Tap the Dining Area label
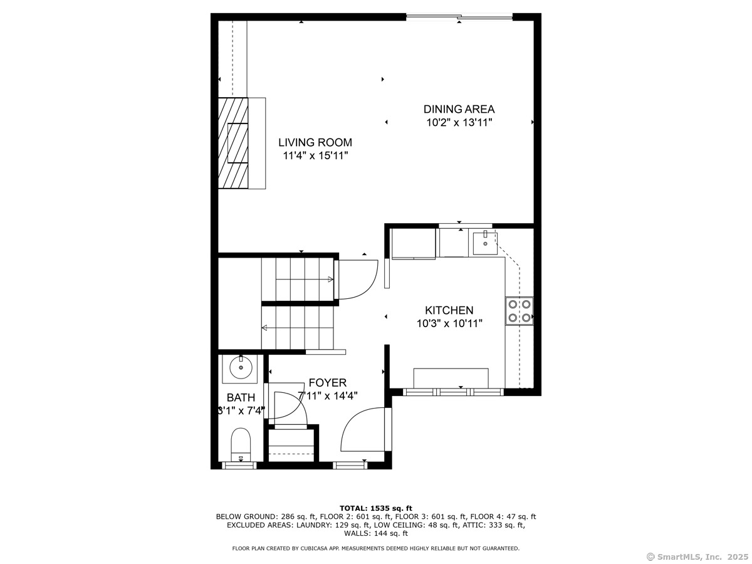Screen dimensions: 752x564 459,109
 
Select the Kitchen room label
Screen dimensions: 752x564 449,310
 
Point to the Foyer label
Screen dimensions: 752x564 328,382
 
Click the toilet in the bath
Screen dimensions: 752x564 241,444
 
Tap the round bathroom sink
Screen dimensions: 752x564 241,367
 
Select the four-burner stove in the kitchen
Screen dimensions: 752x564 519,311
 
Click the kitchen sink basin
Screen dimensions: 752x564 485,243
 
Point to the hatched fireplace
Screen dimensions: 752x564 233,143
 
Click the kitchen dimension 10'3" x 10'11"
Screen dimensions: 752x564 449,323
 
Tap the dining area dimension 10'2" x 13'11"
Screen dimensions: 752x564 459,122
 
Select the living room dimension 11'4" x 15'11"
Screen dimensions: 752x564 315,156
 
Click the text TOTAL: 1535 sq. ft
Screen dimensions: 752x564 376,508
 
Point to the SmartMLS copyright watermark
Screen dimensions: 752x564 697,556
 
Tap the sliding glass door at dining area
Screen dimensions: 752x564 459,16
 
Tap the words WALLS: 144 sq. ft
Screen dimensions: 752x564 376,533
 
